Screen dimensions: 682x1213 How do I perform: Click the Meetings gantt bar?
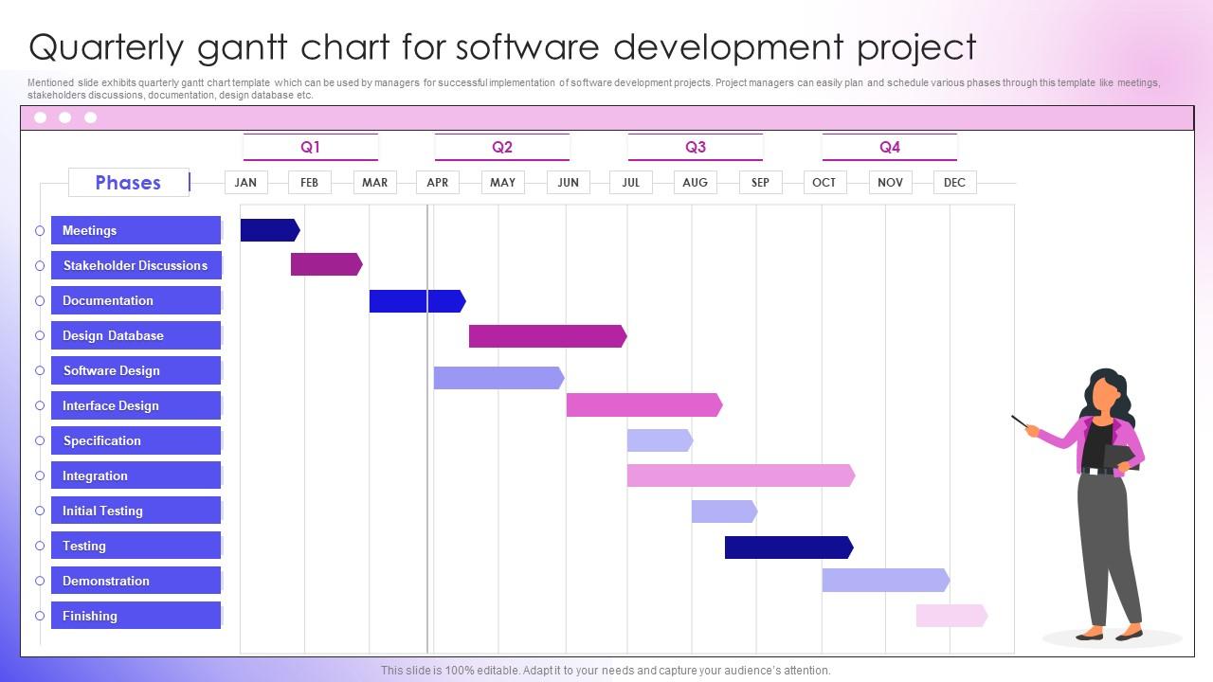[x=269, y=230]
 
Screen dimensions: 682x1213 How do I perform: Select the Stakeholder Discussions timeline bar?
[x=326, y=265]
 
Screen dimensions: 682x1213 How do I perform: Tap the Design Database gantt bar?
[x=547, y=335]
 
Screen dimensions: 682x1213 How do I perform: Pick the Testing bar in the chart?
[x=788, y=547]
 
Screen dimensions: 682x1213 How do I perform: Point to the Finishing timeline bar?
[x=950, y=616]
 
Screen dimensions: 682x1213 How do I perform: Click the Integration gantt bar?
[x=740, y=476]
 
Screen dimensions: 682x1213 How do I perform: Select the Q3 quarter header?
[x=696, y=147]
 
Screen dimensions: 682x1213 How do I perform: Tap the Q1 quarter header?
[x=311, y=147]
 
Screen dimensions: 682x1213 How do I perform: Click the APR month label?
[x=438, y=182]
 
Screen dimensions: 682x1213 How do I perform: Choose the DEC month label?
[x=954, y=182]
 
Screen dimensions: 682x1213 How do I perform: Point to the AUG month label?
[x=695, y=182]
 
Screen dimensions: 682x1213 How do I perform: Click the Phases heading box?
[x=128, y=182]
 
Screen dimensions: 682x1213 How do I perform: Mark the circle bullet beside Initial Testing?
[x=40, y=511]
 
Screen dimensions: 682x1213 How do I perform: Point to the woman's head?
[x=1105, y=390]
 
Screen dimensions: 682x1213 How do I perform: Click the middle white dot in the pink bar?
[x=65, y=117]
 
